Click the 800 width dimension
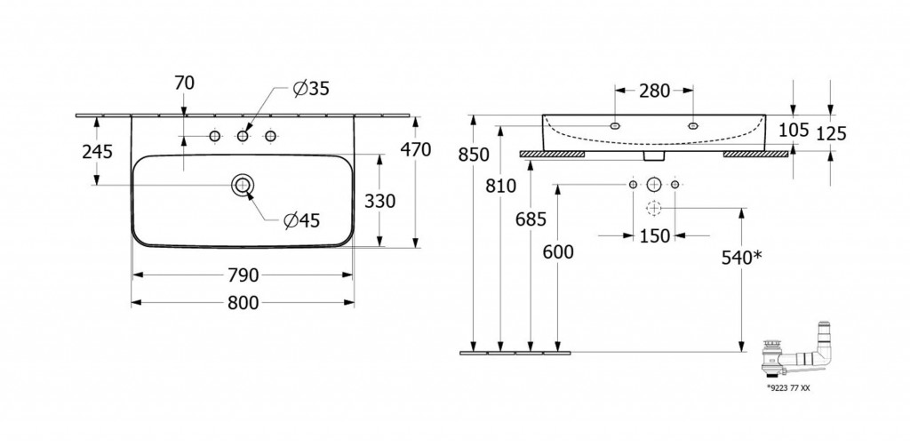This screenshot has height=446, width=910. tap(242, 303)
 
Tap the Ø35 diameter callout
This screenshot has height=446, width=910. tap(311, 88)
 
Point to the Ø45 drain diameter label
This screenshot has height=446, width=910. tap(302, 221)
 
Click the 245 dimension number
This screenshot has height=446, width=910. tap(96, 152)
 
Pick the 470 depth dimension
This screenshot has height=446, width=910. tap(416, 150)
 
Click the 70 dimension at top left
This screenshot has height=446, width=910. tap(184, 84)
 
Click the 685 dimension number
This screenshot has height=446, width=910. tap(531, 219)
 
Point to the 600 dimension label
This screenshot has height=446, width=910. tap(558, 251)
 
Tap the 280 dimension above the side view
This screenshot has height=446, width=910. tap(654, 90)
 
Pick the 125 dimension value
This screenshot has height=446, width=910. tap(831, 133)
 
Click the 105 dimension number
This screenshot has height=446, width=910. tap(794, 131)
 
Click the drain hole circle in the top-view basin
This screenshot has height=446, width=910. tap(242, 185)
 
